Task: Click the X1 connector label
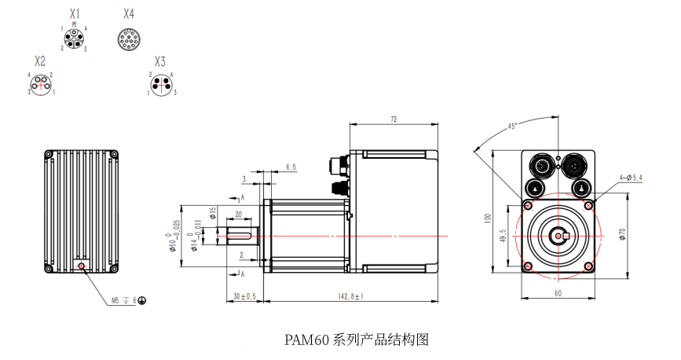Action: pos(75,14)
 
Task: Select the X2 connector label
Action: pos(40,61)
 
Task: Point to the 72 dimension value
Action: pos(393,119)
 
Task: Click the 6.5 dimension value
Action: pos(291,167)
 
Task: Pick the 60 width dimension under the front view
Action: pos(558,293)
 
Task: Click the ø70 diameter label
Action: pos(621,233)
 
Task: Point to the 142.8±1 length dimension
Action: pos(352,297)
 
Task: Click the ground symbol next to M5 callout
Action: pos(142,300)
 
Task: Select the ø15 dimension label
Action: pos(212,212)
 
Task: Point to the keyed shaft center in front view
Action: pos(558,235)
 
